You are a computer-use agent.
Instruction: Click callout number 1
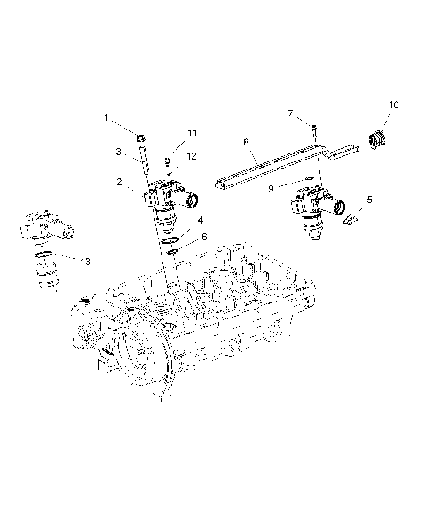click(x=106, y=117)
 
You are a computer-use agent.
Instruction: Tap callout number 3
click(x=119, y=152)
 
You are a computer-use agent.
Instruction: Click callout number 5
click(x=370, y=200)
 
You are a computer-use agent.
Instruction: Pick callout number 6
click(x=204, y=238)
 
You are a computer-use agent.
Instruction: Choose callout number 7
click(x=290, y=113)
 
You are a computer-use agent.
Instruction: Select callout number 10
click(x=394, y=105)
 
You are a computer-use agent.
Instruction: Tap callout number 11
click(x=192, y=133)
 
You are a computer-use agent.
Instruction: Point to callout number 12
click(x=192, y=155)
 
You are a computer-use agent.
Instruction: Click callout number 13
click(x=84, y=262)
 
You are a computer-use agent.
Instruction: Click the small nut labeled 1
click(x=140, y=137)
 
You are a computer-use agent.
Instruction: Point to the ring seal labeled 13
click(x=44, y=258)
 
